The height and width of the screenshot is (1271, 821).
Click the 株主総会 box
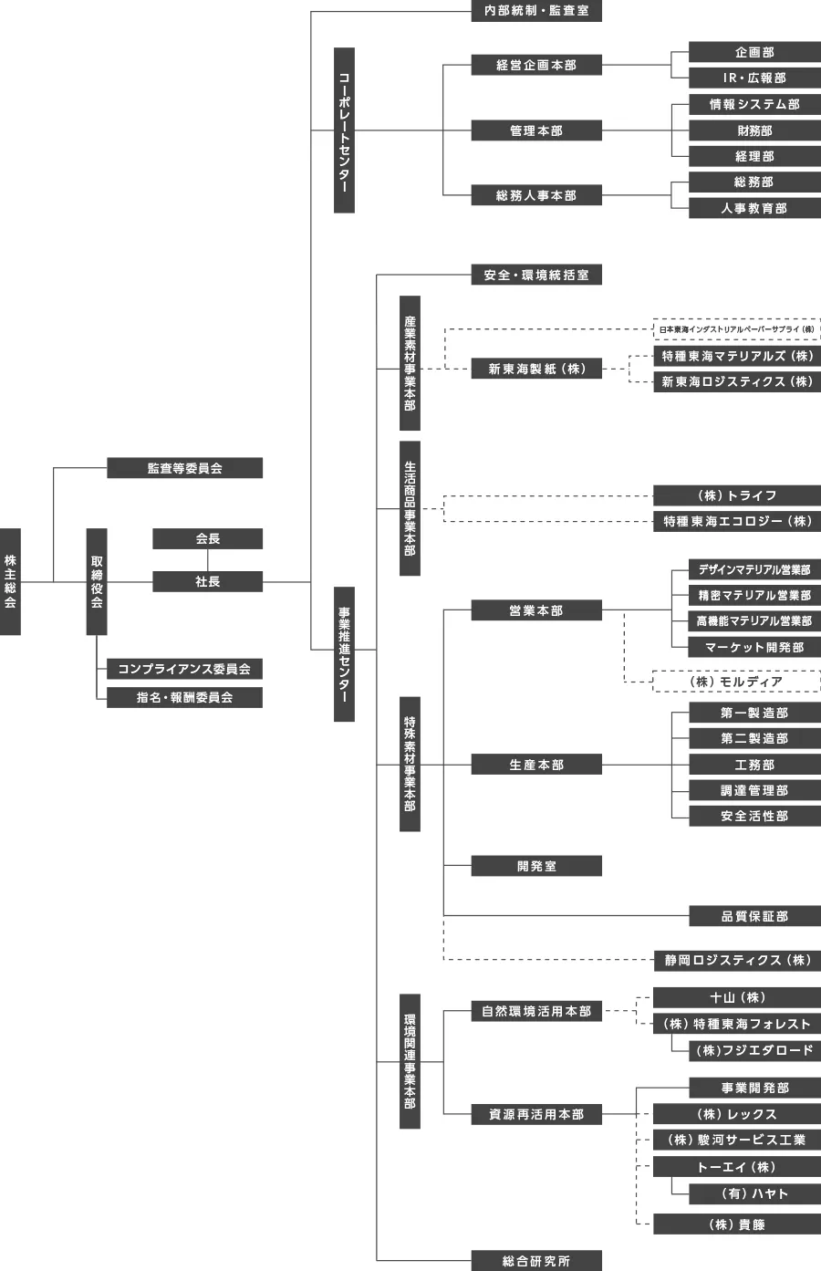point(10,581)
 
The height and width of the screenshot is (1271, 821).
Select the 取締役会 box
point(97,581)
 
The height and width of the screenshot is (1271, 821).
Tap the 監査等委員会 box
point(184,468)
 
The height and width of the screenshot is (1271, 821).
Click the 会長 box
point(207,538)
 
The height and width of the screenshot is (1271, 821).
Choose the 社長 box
point(207,581)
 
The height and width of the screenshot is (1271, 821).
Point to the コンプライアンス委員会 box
point(184,669)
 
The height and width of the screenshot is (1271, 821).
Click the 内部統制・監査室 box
point(536,11)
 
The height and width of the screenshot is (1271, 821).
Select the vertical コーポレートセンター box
point(344,130)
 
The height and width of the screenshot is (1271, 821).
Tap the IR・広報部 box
point(754,78)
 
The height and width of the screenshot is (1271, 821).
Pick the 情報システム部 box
point(754,104)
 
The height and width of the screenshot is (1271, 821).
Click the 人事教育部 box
point(754,208)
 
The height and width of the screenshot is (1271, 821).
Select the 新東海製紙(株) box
point(536,369)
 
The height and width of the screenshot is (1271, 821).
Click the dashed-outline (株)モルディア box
point(736,682)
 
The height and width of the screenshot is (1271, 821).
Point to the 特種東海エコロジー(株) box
point(736,521)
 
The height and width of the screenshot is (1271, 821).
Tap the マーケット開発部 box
point(754,647)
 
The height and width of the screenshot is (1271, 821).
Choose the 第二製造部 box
point(754,738)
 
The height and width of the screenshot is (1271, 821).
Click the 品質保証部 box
point(754,916)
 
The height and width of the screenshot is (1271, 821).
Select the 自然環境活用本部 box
point(536,1011)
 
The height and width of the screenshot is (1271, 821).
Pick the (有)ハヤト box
point(754,1193)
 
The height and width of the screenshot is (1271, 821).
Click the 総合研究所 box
point(536,1261)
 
